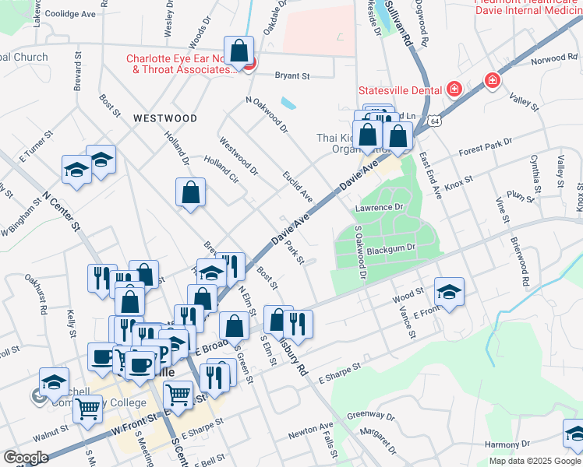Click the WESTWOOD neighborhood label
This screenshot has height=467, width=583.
pyautogui.click(x=164, y=118)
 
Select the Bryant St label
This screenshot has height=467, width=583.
pyautogui.click(x=293, y=76)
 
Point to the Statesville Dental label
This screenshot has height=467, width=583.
pyautogui.click(x=401, y=90)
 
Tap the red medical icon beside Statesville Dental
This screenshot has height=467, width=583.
pyautogui.click(x=454, y=90)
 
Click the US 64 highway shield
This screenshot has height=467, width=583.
pyautogui.click(x=433, y=121)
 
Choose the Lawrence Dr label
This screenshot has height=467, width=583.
pyautogui.click(x=378, y=208)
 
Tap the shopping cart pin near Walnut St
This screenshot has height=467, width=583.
pyautogui.click(x=87, y=407)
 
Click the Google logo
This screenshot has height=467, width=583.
pyautogui.click(x=26, y=458)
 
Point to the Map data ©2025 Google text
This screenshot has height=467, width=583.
pyautogui.click(x=535, y=461)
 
